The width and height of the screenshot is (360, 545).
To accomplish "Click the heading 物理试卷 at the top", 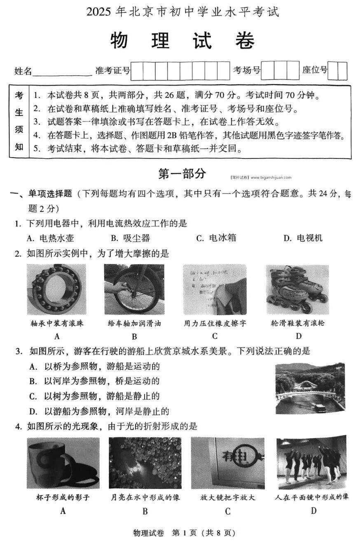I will pos(182,41).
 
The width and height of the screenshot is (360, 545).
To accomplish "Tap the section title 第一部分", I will pos(182,174).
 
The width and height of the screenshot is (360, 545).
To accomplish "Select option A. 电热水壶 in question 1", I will pos(50,238).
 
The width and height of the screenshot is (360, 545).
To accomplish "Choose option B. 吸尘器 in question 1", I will pos(130,238).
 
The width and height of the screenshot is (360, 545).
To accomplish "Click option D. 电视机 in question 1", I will pos(303,238).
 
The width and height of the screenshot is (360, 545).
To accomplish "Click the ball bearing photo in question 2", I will pos(56,289).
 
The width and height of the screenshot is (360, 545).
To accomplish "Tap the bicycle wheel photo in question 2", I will pos(134,289).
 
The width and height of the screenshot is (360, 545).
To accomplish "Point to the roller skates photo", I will pos(297,289).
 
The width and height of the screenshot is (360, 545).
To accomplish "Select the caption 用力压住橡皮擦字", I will pos(215,323).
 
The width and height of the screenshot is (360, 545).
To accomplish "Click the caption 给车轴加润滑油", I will pos(134,323).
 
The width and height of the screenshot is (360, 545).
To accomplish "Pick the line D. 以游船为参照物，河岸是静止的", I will pos(99,411).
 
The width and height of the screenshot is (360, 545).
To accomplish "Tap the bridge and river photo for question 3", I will pos(310,388).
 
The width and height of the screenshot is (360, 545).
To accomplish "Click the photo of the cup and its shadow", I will pos(63,463).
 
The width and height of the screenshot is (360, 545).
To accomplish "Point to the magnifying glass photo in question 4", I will pos(227,463).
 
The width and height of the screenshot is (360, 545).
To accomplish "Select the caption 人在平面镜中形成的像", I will pos(312,497).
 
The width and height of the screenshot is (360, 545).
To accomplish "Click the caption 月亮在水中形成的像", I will pos(145,497).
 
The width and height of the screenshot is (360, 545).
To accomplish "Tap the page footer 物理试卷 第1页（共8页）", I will pos(184,533).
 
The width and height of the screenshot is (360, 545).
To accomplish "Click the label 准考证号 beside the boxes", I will pos(112,70).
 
